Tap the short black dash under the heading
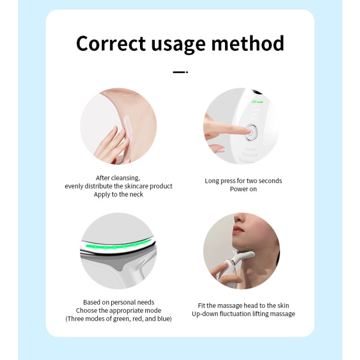(x=180, y=72)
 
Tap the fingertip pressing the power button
(x=244, y=131)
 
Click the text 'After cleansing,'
(x=118, y=178)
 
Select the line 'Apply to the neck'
(x=118, y=194)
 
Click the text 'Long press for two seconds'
(x=243, y=181)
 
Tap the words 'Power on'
(x=243, y=189)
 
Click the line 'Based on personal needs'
(x=118, y=302)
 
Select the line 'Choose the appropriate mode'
(x=118, y=310)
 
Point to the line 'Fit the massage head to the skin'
(x=243, y=306)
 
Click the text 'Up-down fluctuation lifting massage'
(x=243, y=314)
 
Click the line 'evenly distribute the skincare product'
(x=118, y=186)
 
